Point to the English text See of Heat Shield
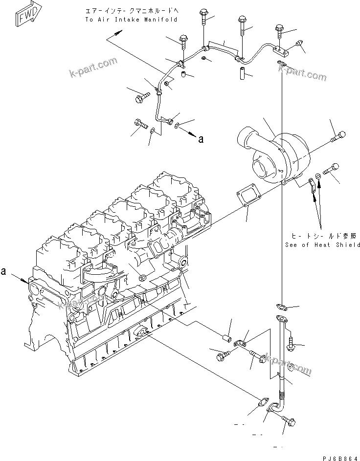pos(322,244)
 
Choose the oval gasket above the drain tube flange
pos(281,307)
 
